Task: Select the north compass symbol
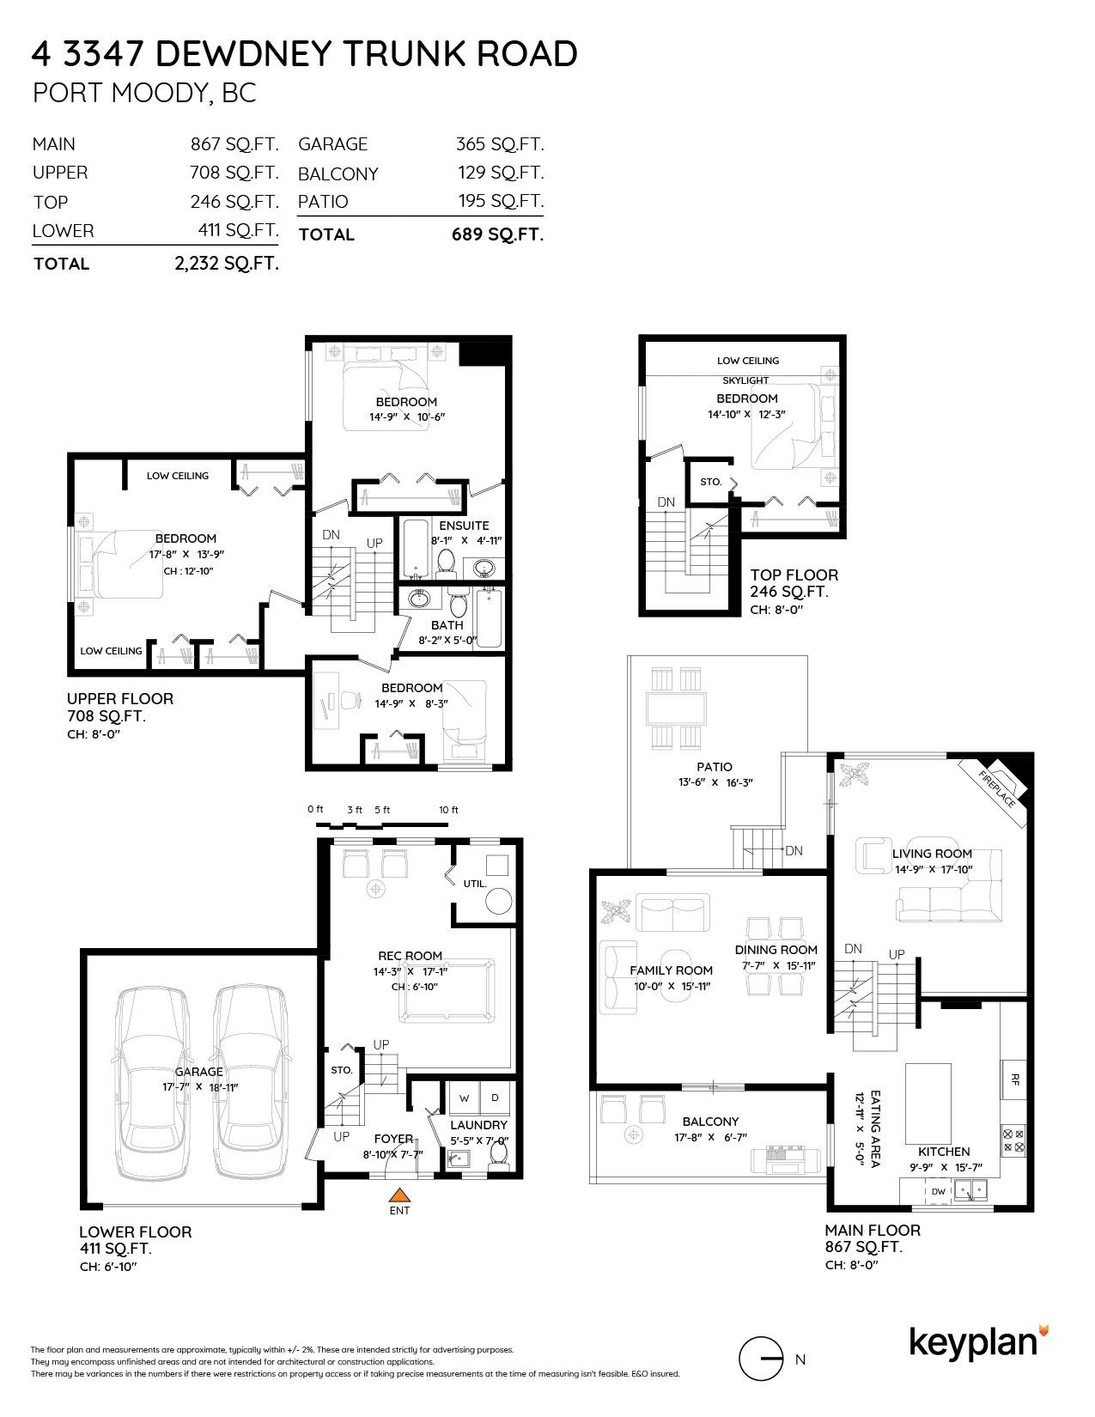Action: tap(761, 1359)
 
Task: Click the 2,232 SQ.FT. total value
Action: tap(227, 264)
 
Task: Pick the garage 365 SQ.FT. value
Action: tap(500, 144)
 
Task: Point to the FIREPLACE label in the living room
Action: tap(997, 789)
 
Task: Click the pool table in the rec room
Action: tap(447, 989)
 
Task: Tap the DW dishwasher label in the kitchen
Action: tap(938, 1191)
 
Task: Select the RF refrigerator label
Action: tap(1015, 1079)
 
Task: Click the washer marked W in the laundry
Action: tap(464, 1098)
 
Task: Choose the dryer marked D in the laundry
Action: tap(495, 1098)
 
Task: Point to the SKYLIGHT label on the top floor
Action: tap(745, 380)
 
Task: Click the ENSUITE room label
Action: tap(464, 525)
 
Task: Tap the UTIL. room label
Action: tap(475, 884)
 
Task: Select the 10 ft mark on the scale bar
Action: tap(448, 810)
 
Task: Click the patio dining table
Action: tap(676, 708)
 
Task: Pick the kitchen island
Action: tap(928, 1101)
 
